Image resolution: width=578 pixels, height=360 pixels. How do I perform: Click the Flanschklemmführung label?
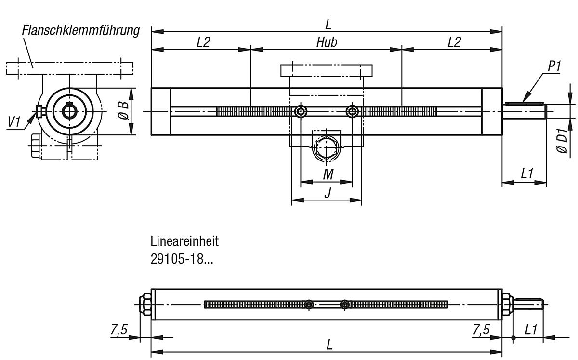click(80, 31)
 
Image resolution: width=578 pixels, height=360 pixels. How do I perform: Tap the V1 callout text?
click(14, 122)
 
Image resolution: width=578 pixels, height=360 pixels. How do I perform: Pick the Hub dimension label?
click(327, 42)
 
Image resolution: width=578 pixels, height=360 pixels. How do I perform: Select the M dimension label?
click(328, 174)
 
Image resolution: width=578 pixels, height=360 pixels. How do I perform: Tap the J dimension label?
click(328, 193)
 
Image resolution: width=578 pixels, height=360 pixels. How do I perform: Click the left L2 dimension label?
click(203, 42)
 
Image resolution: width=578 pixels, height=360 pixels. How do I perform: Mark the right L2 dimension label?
click(454, 42)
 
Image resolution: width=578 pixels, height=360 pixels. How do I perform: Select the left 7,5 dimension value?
click(118, 330)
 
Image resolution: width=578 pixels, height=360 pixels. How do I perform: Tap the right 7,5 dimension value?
click(481, 330)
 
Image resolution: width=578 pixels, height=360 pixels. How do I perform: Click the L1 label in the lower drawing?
click(531, 330)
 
